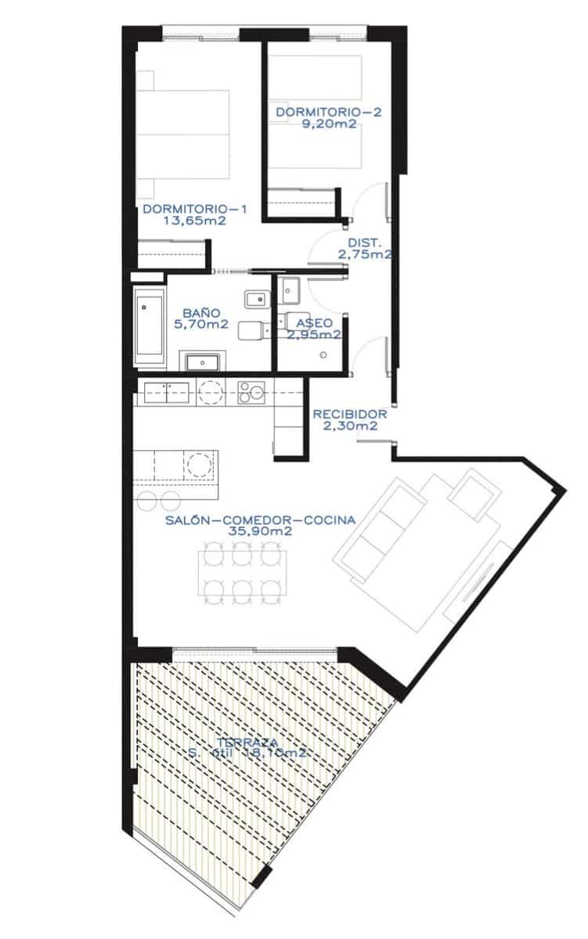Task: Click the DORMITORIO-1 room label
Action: pos(195,209)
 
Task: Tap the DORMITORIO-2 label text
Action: pos(328,113)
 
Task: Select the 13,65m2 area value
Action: pos(195,221)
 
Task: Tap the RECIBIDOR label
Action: pos(350,415)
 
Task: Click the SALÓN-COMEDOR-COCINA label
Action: pos(260,519)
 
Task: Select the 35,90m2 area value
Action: pos(260,531)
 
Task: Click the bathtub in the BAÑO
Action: pos(149,328)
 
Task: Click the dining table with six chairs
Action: pos(240,570)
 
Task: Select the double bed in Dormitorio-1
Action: pos(183,146)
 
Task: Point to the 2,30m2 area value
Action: pos(350,426)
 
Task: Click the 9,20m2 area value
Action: pos(328,124)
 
